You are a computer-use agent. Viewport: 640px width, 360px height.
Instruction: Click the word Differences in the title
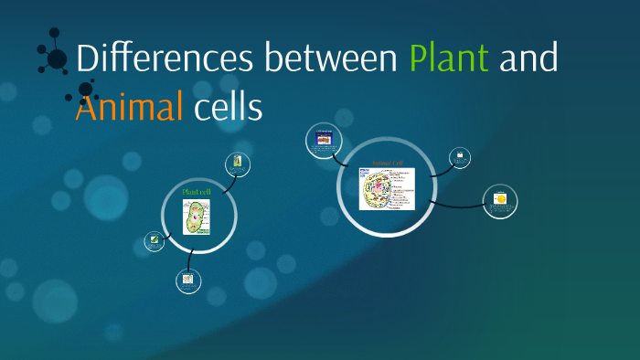click(x=165, y=58)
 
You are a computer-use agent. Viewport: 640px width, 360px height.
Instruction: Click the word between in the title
click(x=330, y=58)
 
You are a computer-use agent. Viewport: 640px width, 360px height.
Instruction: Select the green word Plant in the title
click(x=449, y=58)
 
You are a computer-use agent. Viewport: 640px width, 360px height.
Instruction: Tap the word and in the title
click(x=528, y=58)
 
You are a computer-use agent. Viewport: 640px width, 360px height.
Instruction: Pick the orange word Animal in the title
click(x=129, y=107)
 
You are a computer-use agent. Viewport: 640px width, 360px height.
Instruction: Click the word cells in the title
click(x=228, y=107)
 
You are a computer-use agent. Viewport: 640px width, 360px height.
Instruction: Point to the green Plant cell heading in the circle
click(x=197, y=192)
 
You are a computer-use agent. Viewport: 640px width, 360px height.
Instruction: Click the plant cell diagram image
click(x=197, y=217)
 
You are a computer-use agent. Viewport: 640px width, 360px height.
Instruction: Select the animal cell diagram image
click(x=386, y=188)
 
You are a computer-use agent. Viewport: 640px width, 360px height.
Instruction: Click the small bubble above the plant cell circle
click(x=238, y=164)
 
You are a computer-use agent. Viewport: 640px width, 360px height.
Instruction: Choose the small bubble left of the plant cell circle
click(x=155, y=241)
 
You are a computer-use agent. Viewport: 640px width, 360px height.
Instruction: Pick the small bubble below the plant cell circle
click(x=188, y=281)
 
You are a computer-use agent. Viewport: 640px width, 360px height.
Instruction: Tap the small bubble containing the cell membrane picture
click(x=325, y=140)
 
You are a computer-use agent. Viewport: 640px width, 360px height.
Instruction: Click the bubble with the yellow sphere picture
click(x=500, y=201)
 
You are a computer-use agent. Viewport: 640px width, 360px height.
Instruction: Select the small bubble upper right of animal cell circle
click(x=461, y=157)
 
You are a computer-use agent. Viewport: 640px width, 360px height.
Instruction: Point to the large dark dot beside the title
click(x=57, y=58)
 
